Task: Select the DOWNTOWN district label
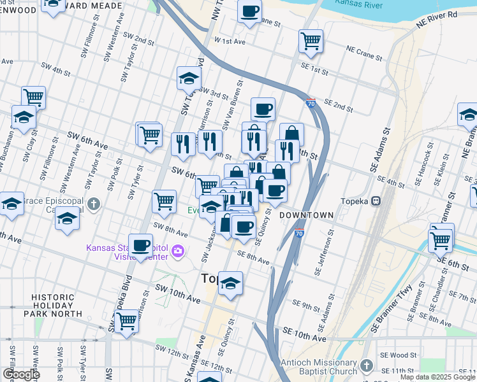(306, 216)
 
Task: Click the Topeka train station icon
(377, 201)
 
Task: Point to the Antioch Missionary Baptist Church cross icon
(366, 365)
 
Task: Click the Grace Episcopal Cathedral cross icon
(94, 204)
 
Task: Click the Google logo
(20, 374)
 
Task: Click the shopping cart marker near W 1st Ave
(311, 41)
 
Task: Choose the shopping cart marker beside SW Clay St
(33, 97)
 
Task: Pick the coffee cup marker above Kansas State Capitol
(140, 245)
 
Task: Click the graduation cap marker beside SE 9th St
(230, 283)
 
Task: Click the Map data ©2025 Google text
(437, 377)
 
